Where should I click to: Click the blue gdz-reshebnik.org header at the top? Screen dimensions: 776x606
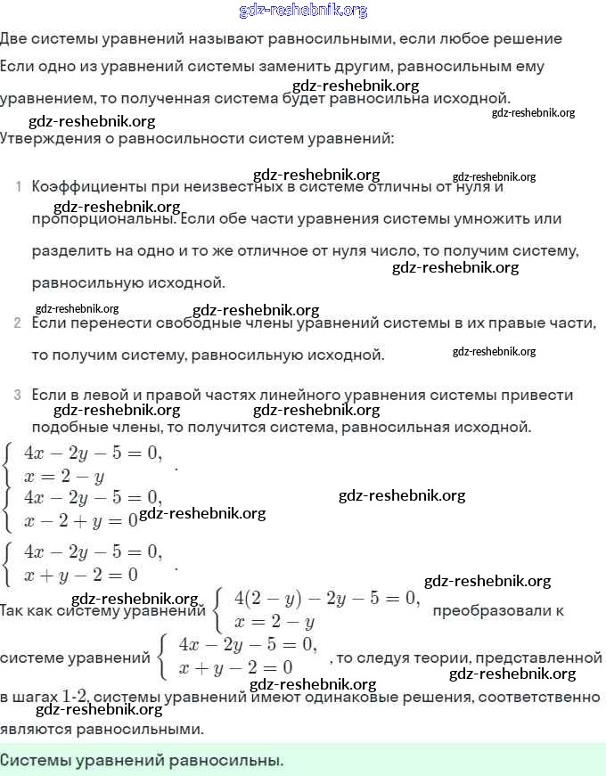[303, 11]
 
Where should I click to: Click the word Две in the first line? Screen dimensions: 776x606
[15, 39]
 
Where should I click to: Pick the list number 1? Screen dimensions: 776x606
[18, 187]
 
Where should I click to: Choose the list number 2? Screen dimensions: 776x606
[18, 323]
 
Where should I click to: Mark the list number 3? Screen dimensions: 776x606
[18, 395]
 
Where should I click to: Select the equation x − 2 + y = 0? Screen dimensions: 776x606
[80, 519]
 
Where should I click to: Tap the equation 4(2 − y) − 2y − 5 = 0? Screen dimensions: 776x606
[325, 597]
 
